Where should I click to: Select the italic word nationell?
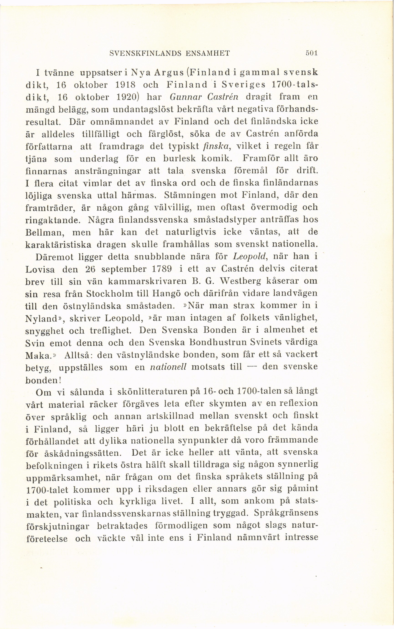point(168,367)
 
